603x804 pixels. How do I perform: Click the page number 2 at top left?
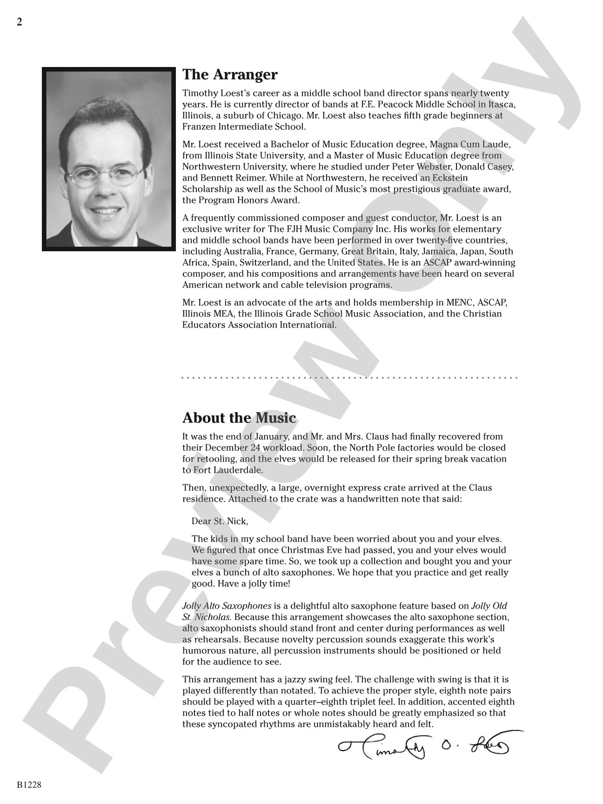click(x=20, y=22)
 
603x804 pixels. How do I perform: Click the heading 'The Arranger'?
click(x=230, y=74)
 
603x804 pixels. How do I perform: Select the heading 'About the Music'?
click(x=239, y=418)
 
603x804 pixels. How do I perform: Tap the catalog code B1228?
click(x=29, y=785)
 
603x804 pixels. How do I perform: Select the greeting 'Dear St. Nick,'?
click(x=220, y=521)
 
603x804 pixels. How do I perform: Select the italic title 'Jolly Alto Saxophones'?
click(x=227, y=606)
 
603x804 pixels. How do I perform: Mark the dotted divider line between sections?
click(x=349, y=378)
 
